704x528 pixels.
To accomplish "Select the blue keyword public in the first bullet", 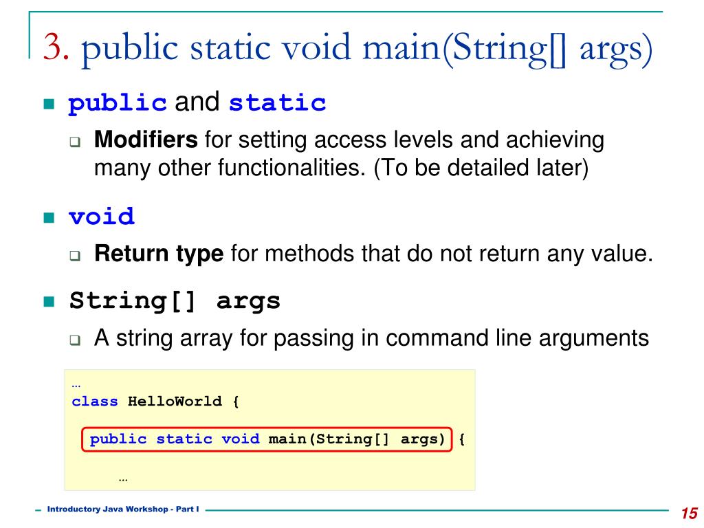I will (x=118, y=104).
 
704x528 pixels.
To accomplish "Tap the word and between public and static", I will (x=198, y=103).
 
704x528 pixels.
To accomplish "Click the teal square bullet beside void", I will (x=48, y=219).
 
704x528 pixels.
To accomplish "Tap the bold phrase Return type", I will (x=159, y=255).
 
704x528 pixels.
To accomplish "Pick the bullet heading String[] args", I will (x=175, y=301).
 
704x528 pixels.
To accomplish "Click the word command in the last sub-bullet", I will (x=401, y=338).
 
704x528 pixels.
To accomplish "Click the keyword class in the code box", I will (x=95, y=401).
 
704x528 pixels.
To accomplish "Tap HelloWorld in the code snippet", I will (x=175, y=401).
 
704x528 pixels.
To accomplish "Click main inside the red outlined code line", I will (x=287, y=439).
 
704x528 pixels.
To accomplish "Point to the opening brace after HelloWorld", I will (x=236, y=401).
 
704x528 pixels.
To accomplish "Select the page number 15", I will (x=689, y=514).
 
